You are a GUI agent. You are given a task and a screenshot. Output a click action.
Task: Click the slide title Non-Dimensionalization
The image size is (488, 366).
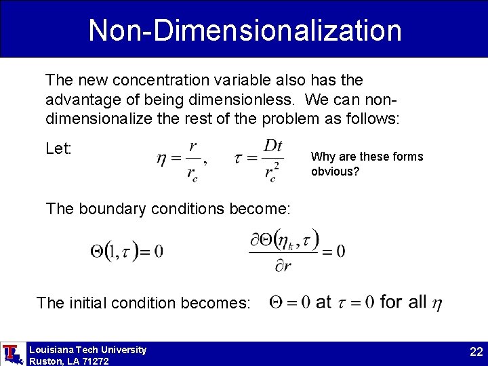pyautogui.click(x=245, y=30)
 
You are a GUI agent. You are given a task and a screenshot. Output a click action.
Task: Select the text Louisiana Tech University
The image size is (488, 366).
pyautogui.click(x=87, y=350)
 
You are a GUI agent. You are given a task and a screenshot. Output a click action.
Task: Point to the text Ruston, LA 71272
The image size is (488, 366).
pyautogui.click(x=68, y=361)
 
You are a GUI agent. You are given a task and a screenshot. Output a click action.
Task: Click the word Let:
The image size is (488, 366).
pyautogui.click(x=58, y=148)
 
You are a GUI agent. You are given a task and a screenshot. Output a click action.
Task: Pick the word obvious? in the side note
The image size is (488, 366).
pyautogui.click(x=335, y=171)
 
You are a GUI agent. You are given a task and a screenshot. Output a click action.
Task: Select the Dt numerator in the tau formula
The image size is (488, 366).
pyautogui.click(x=272, y=146)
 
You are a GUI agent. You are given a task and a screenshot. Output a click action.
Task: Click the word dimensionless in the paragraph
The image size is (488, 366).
pyautogui.click(x=241, y=100)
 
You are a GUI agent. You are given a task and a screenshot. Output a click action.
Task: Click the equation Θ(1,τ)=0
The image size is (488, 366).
pyautogui.click(x=126, y=251)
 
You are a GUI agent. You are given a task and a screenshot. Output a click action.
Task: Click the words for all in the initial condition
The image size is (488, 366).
pyautogui.click(x=403, y=302)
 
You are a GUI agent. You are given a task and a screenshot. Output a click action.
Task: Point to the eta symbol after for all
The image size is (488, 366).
pyautogui.click(x=436, y=304)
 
